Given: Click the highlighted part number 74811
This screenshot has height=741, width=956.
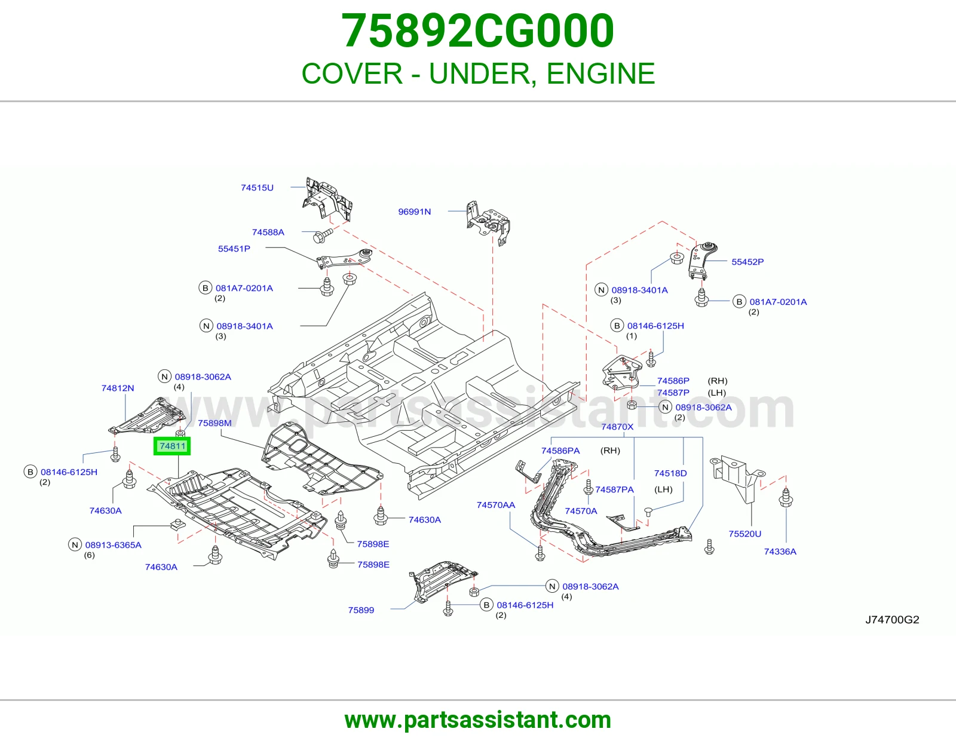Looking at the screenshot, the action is pyautogui.click(x=172, y=446).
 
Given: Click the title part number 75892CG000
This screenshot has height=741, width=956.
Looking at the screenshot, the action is pyautogui.click(x=477, y=30).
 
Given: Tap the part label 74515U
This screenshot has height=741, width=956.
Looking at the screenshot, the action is pyautogui.click(x=257, y=188).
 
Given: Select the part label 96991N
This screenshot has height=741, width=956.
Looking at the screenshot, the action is pyautogui.click(x=415, y=212).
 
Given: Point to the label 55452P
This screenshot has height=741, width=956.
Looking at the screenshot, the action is pyautogui.click(x=747, y=262).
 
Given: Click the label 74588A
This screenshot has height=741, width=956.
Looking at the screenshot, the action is pyautogui.click(x=268, y=232).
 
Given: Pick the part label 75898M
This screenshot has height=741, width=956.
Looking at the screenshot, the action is pyautogui.click(x=215, y=423).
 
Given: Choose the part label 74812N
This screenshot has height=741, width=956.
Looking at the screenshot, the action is pyautogui.click(x=118, y=388).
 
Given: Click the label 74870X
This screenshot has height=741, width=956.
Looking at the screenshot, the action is pyautogui.click(x=617, y=427).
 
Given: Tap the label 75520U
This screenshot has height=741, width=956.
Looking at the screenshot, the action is pyautogui.click(x=745, y=534).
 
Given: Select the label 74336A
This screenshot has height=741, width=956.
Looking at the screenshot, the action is pyautogui.click(x=780, y=552).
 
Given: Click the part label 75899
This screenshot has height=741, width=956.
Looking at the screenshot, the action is pyautogui.click(x=361, y=610).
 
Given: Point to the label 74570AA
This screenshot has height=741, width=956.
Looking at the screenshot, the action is pyautogui.click(x=496, y=505).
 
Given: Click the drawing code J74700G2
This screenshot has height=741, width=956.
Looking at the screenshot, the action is pyautogui.click(x=892, y=620).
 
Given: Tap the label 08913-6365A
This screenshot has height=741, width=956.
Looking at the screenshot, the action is pyautogui.click(x=113, y=545).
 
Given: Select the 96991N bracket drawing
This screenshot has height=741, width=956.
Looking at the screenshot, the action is pyautogui.click(x=488, y=222).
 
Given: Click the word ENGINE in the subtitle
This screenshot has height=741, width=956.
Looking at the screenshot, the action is pyautogui.click(x=600, y=74).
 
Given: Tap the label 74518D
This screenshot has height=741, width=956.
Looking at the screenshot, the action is pyautogui.click(x=670, y=473).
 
